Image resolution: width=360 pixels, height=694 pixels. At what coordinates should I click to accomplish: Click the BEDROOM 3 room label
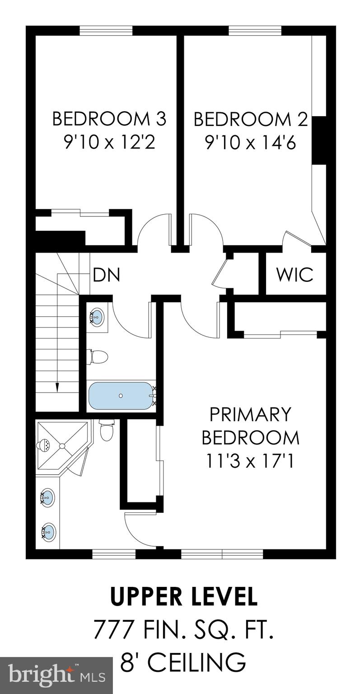click(x=109, y=119)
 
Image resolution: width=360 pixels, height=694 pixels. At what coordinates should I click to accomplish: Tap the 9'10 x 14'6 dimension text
click(x=250, y=143)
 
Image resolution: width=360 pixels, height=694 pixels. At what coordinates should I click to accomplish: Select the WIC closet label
click(x=295, y=274)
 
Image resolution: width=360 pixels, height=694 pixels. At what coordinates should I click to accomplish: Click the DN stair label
click(x=106, y=275)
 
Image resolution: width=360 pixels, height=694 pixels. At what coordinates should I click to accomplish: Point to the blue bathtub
click(x=121, y=396)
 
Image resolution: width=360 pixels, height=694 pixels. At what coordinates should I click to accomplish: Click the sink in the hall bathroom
click(x=96, y=317)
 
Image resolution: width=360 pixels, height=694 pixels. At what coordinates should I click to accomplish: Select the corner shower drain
click(x=62, y=446)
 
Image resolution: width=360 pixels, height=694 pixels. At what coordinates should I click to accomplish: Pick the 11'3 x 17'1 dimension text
click(x=250, y=462)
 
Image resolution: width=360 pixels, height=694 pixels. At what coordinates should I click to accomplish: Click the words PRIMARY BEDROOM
click(x=250, y=426)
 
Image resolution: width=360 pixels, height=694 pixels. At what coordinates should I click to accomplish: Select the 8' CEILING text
click(x=184, y=662)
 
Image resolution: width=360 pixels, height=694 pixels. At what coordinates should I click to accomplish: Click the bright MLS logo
click(x=56, y=676)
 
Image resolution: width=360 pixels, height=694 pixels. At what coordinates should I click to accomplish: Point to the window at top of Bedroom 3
click(x=106, y=31)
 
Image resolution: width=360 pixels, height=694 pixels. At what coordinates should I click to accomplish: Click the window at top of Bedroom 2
click(x=255, y=31)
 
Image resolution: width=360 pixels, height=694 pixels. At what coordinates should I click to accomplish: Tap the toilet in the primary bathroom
click(x=107, y=431)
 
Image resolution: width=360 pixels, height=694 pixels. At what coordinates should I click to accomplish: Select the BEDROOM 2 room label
click(x=250, y=119)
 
